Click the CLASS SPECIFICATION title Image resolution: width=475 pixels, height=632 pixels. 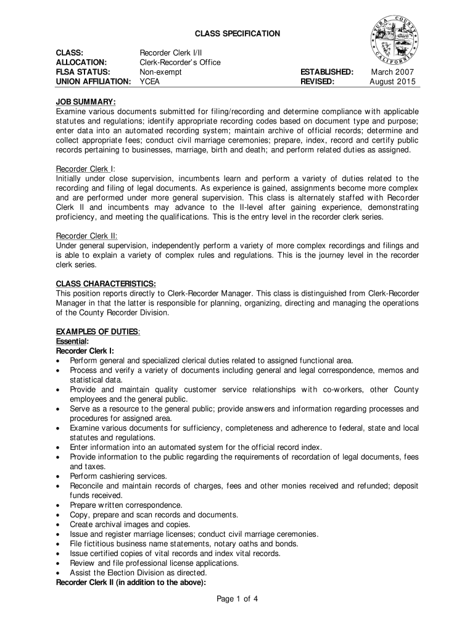tap(238, 33)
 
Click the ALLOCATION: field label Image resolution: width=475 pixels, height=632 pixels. tap(81, 62)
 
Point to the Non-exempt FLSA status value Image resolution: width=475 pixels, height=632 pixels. tap(161, 72)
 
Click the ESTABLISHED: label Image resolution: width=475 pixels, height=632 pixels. tap(326, 72)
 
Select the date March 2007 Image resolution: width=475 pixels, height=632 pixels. tap(392, 72)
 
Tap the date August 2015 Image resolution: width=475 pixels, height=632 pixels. tap(392, 81)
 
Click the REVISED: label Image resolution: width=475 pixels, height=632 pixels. tap(317, 81)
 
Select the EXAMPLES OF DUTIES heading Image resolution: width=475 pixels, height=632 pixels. tap(98, 332)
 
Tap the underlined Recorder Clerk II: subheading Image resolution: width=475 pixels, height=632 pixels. tap(87, 236)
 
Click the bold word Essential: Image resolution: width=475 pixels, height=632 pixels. tap(72, 341)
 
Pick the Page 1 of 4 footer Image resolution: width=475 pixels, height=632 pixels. tap(238, 598)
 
